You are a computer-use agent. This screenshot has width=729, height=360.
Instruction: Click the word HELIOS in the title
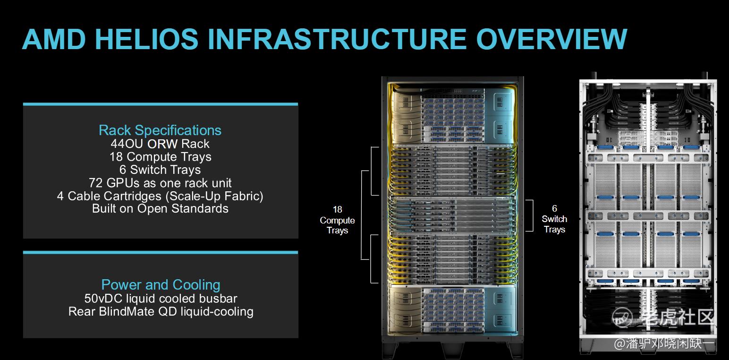tap(146, 39)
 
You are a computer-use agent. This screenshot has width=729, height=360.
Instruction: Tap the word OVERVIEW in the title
tap(551, 39)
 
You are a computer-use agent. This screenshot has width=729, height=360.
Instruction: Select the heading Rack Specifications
tap(160, 130)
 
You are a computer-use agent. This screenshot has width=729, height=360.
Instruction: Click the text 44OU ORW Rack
tap(160, 144)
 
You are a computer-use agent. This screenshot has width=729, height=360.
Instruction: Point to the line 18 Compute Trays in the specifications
tap(161, 157)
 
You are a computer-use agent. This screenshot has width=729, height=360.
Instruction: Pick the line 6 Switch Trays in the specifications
tap(160, 170)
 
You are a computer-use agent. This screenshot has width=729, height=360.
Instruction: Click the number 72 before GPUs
tap(96, 183)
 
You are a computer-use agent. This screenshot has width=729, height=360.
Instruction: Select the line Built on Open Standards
tap(160, 208)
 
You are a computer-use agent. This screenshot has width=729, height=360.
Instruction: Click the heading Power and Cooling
tap(161, 285)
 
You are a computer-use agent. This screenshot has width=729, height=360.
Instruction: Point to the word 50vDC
tap(103, 299)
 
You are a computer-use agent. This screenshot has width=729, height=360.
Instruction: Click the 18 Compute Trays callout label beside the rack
tap(338, 220)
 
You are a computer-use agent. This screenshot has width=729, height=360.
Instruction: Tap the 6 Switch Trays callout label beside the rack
tap(555, 219)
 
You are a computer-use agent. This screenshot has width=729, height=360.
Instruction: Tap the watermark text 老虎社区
tap(677, 317)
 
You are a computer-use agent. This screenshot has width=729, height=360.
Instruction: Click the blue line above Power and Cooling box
tap(161, 252)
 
